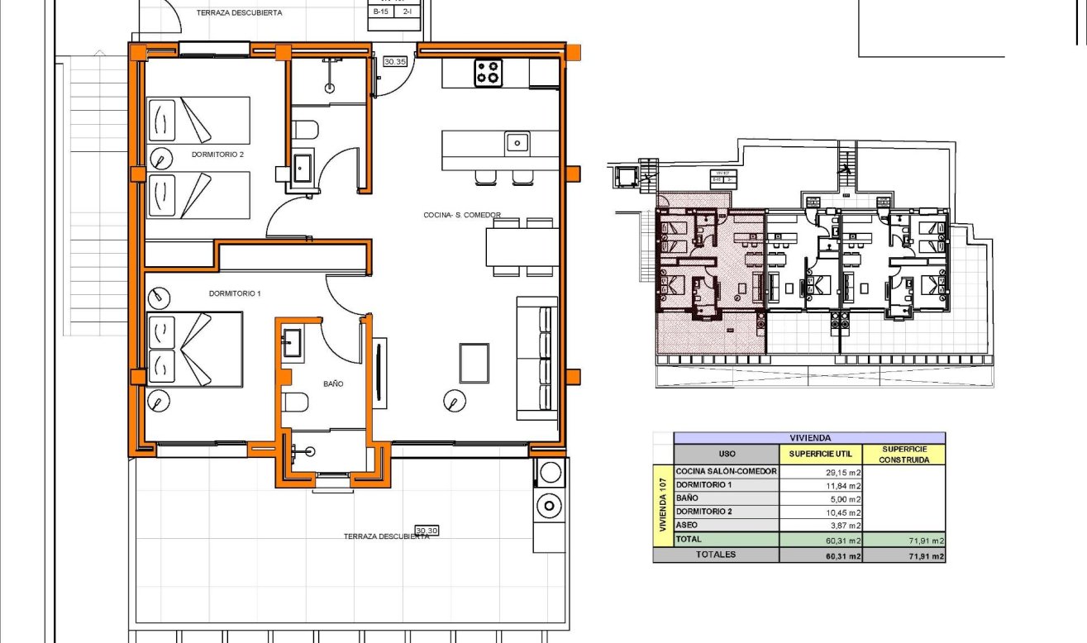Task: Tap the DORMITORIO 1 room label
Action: (x=235, y=293)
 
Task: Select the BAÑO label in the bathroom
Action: (x=333, y=384)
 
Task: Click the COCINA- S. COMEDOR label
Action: (x=462, y=215)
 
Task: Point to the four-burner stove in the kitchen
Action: (x=488, y=73)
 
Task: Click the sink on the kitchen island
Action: (x=517, y=143)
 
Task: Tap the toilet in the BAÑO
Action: (x=295, y=402)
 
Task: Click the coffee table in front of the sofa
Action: (x=474, y=363)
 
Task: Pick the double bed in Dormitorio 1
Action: (x=194, y=349)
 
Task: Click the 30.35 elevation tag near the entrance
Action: (x=395, y=61)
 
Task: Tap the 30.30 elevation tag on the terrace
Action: (x=427, y=531)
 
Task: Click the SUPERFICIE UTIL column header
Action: (x=820, y=454)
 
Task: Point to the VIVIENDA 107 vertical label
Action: (x=662, y=505)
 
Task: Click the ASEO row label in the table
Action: (x=686, y=525)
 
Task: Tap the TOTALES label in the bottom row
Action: (x=715, y=555)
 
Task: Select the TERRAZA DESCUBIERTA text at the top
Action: (x=239, y=12)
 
